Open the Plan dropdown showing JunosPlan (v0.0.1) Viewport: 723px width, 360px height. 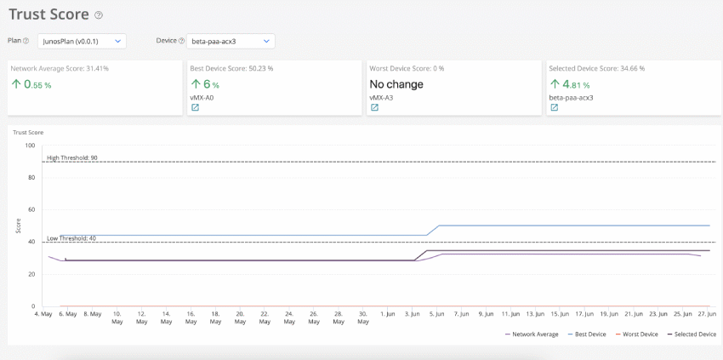pyautogui.click(x=82, y=41)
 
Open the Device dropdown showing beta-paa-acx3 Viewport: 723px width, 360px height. pyautogui.click(x=231, y=41)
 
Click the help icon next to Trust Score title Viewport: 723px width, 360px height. pyautogui.click(x=99, y=15)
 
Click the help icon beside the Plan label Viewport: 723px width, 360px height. pyautogui.click(x=26, y=41)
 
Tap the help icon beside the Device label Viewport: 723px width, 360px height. pyautogui.click(x=181, y=41)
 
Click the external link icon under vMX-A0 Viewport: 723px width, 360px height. pyautogui.click(x=195, y=108)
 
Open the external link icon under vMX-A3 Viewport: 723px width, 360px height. pyautogui.click(x=373, y=108)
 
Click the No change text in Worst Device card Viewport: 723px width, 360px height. pyautogui.click(x=396, y=84)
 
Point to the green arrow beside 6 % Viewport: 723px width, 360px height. pyautogui.click(x=196, y=84)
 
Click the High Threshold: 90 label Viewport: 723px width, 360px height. pyautogui.click(x=71, y=157)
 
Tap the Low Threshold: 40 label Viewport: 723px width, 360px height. pyautogui.click(x=71, y=238)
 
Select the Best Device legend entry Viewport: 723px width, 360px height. pyautogui.click(x=590, y=334)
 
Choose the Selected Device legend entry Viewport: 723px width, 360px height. pyautogui.click(x=695, y=334)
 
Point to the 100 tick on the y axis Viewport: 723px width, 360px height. pyautogui.click(x=30, y=146)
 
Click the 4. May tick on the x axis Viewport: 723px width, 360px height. pyautogui.click(x=43, y=314)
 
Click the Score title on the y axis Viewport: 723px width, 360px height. pyautogui.click(x=18, y=226)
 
